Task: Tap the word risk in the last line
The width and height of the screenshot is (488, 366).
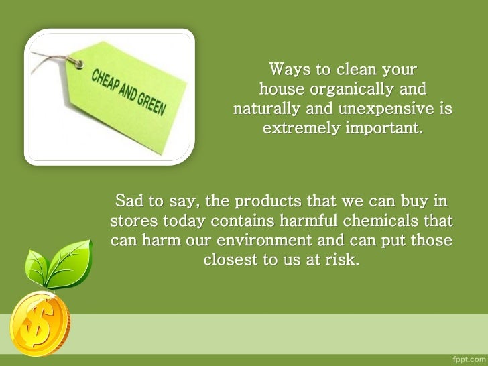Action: coord(343,259)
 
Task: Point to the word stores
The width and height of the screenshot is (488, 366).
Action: coord(134,220)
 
